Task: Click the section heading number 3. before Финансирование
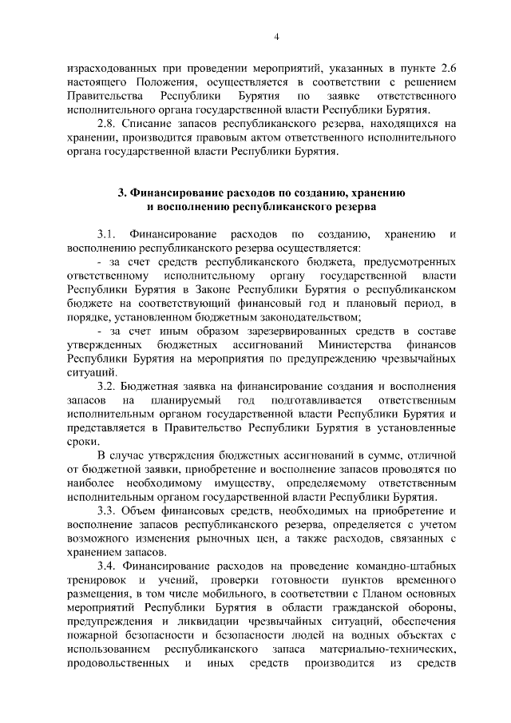[x=122, y=193]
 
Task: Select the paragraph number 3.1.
[x=107, y=234]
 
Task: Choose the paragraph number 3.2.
[x=107, y=385]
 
